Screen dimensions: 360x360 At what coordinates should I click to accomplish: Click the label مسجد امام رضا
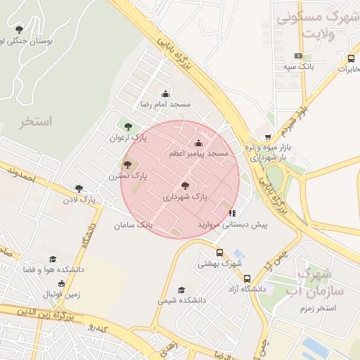pos(166,104)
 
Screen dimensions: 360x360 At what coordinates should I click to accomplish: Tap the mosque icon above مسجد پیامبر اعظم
pos(197,143)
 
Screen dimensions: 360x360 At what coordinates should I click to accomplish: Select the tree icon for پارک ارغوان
pos(128,127)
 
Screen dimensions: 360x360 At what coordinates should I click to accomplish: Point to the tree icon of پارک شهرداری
pos(186,186)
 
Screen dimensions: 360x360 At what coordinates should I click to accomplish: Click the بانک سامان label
pos(133,225)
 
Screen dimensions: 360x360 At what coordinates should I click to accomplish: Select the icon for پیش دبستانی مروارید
pos(232,212)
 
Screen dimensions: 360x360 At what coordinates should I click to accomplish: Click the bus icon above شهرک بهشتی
pos(219,252)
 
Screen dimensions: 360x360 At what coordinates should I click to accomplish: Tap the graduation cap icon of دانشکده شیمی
pos(181,290)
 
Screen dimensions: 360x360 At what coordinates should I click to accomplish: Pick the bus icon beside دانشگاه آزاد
pos(247,278)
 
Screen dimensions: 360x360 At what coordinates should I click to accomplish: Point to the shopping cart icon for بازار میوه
pos(267,137)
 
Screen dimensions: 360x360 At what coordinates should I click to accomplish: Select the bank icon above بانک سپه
pos(299,55)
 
